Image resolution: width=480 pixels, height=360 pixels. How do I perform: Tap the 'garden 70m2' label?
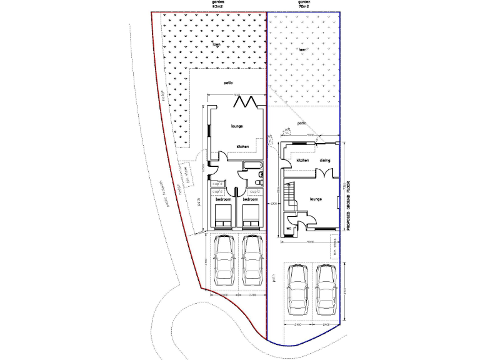[304, 4]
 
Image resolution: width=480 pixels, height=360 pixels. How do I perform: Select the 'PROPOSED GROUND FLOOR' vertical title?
[348, 207]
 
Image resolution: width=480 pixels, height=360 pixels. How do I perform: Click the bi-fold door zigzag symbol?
[251, 101]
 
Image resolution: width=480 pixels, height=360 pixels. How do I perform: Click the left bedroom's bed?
[223, 216]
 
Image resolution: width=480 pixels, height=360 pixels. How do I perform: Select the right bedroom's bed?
[251, 216]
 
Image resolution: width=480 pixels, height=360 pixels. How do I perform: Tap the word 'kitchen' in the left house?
[242, 147]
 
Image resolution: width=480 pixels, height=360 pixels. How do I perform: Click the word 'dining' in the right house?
[325, 161]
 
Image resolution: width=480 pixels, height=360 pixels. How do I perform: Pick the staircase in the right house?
[289, 195]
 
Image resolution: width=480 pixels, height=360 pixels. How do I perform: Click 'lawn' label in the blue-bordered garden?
[302, 49]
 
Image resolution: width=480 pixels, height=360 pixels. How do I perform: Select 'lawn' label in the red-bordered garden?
[217, 44]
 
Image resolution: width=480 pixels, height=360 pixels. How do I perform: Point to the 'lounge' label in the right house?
[316, 199]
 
